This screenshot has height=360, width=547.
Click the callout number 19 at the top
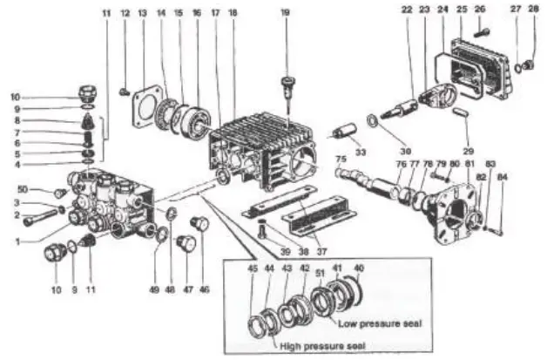[x=285, y=13]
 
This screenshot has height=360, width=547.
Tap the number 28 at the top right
[x=533, y=10]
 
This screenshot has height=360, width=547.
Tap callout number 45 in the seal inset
[x=253, y=268]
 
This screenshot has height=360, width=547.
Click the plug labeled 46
[x=203, y=223]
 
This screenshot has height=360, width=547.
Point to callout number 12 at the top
[x=124, y=14]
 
